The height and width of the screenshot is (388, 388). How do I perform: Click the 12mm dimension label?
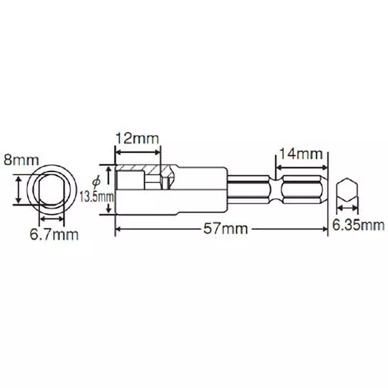[137, 139]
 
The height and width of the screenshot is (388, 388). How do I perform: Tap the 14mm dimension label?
[299, 154]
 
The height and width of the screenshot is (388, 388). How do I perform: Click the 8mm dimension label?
[17, 159]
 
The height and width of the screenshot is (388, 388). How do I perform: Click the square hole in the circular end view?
[51, 190]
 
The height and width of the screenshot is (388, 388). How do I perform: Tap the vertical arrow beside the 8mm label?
[19, 190]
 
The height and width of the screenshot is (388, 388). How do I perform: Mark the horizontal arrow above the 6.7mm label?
[51, 219]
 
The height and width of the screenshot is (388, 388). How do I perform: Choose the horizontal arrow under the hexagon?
[348, 208]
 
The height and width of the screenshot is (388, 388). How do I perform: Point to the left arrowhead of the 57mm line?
[118, 228]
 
